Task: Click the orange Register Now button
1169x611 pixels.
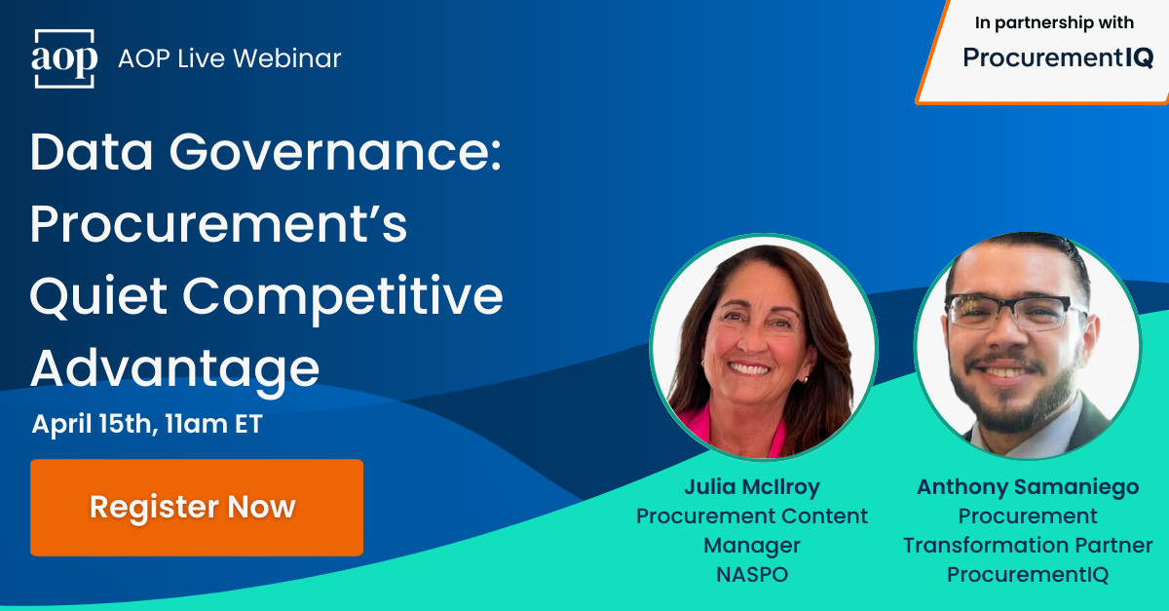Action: [196, 508]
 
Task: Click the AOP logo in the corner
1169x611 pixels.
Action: [64, 58]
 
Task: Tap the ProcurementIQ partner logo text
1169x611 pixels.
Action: [1058, 58]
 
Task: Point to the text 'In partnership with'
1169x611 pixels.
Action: [1054, 23]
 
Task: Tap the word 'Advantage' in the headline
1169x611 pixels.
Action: [175, 369]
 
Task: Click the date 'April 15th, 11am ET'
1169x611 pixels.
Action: [147, 426]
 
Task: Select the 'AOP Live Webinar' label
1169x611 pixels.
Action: [230, 58]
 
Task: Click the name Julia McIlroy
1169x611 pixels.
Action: [751, 486]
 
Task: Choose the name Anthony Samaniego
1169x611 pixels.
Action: [1028, 486]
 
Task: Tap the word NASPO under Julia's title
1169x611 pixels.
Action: [751, 574]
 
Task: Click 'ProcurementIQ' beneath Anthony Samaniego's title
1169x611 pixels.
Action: [1028, 574]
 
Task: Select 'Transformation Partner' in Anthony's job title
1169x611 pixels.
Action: [1028, 545]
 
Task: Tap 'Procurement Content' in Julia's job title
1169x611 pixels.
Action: [751, 516]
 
